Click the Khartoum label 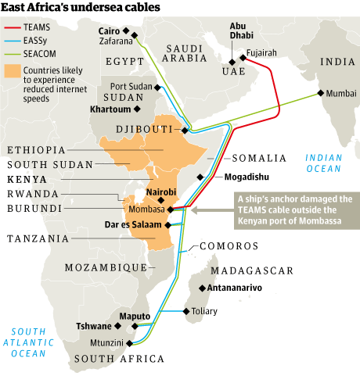[x=110, y=109]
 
